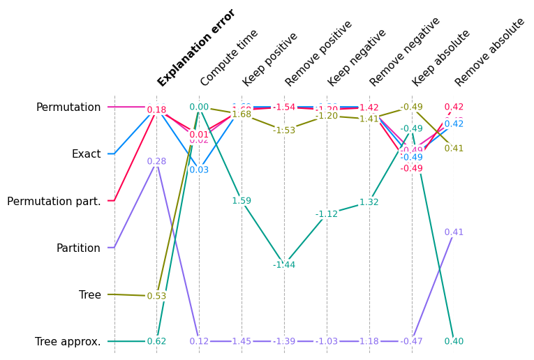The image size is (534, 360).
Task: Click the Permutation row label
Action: point(68,107)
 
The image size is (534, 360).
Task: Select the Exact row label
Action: point(86,154)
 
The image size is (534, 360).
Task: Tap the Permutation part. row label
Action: point(54,202)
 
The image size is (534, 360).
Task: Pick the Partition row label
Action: point(78,248)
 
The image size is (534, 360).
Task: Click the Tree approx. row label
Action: point(68,342)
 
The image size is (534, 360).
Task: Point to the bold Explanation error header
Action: point(196,47)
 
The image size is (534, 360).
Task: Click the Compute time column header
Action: point(229,58)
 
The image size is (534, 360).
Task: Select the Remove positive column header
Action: point(318,53)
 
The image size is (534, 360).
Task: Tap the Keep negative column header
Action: point(356,58)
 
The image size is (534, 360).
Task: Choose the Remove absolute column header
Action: point(489,52)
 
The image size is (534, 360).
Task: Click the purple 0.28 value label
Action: point(156,162)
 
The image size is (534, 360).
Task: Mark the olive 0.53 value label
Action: point(156,297)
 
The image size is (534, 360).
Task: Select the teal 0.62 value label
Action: point(156,342)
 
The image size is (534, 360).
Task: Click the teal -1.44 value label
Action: point(284,265)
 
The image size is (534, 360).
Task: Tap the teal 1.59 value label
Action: point(242,201)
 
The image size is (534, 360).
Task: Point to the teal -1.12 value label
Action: point(326,214)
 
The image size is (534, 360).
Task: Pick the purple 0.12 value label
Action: point(199,342)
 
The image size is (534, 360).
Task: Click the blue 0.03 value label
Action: point(199,170)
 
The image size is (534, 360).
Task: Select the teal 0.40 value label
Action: point(454,342)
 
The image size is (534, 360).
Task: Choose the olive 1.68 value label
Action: point(242,114)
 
